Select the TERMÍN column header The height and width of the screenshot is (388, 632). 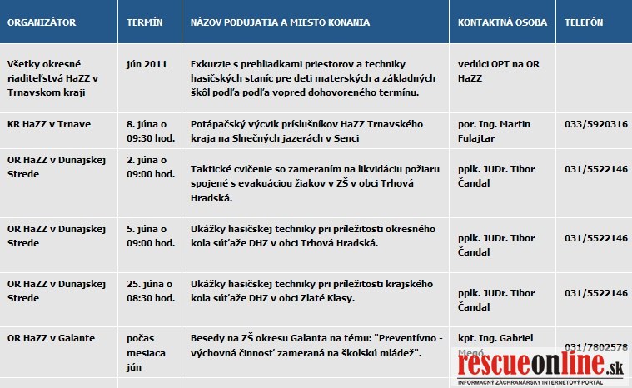144,22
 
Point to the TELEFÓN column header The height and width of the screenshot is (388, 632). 584,22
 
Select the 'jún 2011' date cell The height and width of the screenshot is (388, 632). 146,63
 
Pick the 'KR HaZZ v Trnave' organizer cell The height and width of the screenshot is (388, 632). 49,124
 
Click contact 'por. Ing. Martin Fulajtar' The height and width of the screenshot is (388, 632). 496,131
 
